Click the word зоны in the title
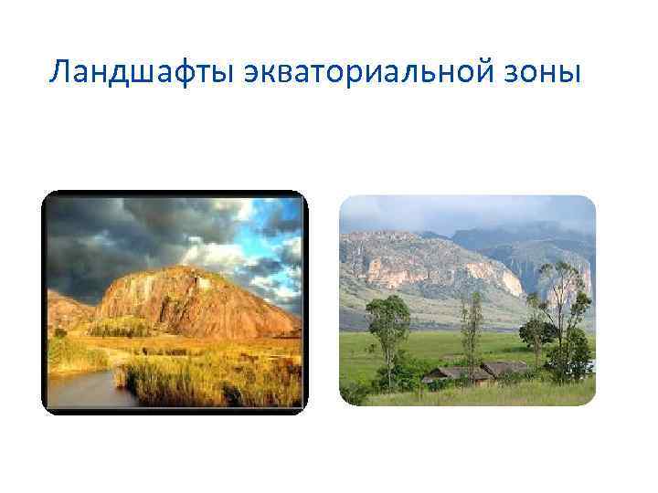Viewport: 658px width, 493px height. [x=547, y=71]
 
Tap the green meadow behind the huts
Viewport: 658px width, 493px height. [x=430, y=347]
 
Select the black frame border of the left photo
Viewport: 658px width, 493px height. [x=44, y=301]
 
